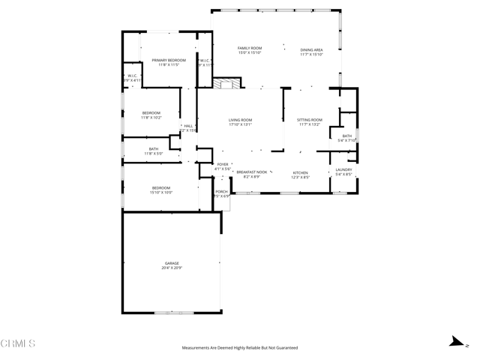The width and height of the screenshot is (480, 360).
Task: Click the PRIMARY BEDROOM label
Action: (169, 60)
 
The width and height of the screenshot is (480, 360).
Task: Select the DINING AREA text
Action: (311, 49)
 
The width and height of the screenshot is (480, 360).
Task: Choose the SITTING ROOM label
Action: (309, 120)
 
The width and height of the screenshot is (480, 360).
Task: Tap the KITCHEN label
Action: (300, 172)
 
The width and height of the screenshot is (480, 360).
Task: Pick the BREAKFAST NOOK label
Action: (251, 172)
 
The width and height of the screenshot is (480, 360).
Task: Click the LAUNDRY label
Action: (343, 170)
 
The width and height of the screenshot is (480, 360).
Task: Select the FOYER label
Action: (223, 164)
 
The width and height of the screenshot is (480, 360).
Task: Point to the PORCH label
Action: (221, 192)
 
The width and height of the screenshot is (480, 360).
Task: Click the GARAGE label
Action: (172, 263)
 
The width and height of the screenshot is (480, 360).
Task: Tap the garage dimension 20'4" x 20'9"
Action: (172, 268)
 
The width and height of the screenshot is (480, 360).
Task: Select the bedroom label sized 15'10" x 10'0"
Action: (161, 188)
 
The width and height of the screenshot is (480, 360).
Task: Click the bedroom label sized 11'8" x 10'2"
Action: (151, 113)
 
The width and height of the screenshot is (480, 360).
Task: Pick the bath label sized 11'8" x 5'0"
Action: (154, 149)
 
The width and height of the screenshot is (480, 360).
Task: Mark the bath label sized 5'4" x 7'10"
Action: (347, 136)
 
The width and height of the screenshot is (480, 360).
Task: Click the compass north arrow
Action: (454, 341)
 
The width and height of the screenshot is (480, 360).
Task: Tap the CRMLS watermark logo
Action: (18, 344)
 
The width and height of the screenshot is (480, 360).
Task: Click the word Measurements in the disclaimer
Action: (196, 348)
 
